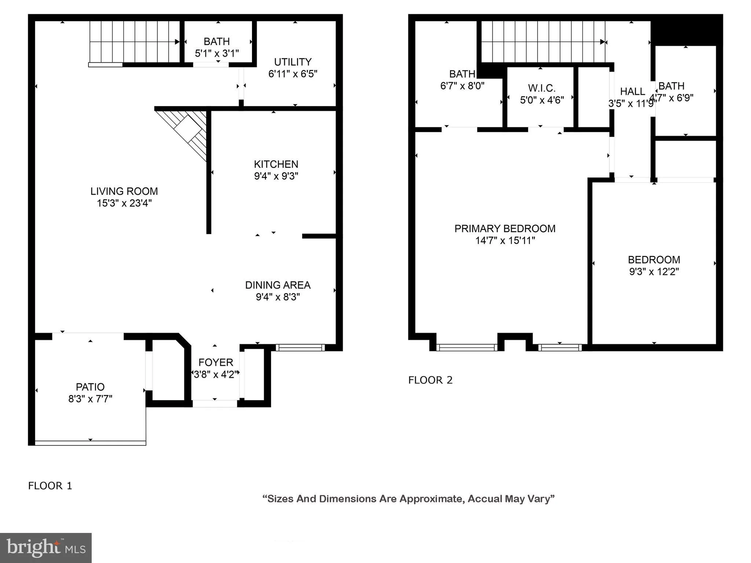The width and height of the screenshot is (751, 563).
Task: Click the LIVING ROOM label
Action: pos(124,191)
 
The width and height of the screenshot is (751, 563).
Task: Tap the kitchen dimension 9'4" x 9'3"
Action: pos(276,176)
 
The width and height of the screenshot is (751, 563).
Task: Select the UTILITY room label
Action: pos(293,62)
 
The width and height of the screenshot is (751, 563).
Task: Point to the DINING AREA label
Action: pos(278,285)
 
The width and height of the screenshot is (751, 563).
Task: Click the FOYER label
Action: pos(216,363)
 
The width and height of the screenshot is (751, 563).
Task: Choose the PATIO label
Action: pos(90,387)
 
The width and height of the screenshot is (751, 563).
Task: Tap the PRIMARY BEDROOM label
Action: pos(505,229)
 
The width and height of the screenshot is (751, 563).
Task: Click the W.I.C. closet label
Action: pos(542,88)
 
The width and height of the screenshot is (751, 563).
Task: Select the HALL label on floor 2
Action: pos(632,91)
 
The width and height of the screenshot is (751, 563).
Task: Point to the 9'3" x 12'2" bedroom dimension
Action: pos(654,272)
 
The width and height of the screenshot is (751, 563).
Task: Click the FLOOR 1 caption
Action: pos(50,486)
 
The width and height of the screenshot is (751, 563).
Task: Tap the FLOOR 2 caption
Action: pos(430,380)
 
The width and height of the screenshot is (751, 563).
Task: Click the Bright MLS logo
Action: pos(46,548)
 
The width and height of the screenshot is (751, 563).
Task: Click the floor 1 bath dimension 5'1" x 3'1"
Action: pos(217,54)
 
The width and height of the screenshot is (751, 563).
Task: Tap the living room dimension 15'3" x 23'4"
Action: pos(124,203)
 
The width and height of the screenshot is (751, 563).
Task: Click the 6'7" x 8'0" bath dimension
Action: pos(462,86)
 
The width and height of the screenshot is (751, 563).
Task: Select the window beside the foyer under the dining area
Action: pos(300,347)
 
